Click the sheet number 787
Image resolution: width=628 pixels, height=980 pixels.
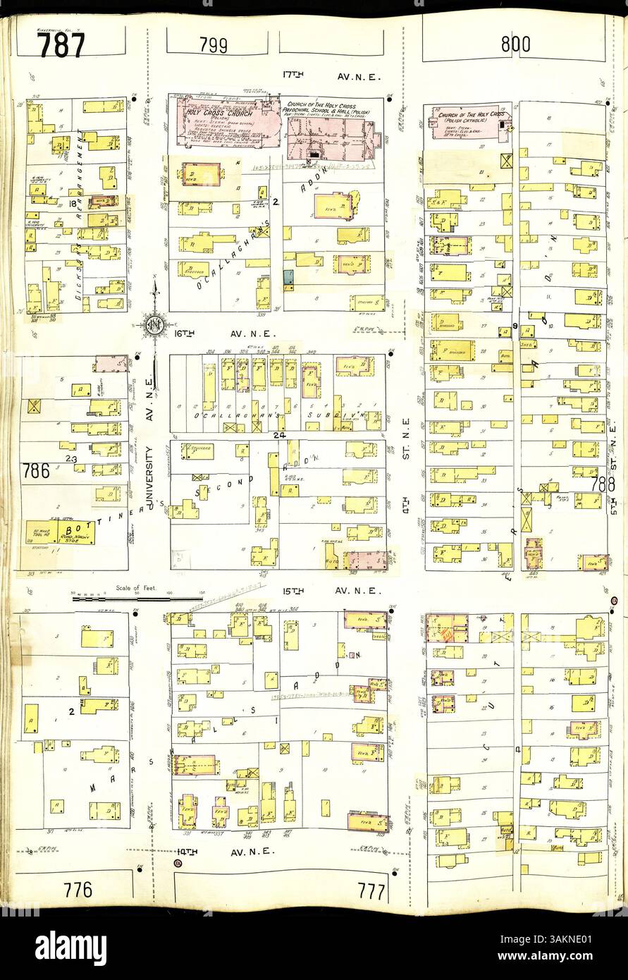coord(61,44)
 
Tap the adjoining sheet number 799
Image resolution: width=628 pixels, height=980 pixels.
coord(213,46)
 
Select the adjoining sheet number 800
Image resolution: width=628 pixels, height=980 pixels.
coord(515,44)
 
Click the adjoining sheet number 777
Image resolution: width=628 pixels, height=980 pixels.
coord(371,891)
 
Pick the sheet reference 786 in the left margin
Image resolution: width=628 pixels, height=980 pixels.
coord(35,471)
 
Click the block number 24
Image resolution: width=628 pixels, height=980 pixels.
coord(278,436)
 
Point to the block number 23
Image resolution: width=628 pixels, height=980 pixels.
coord(70,459)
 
